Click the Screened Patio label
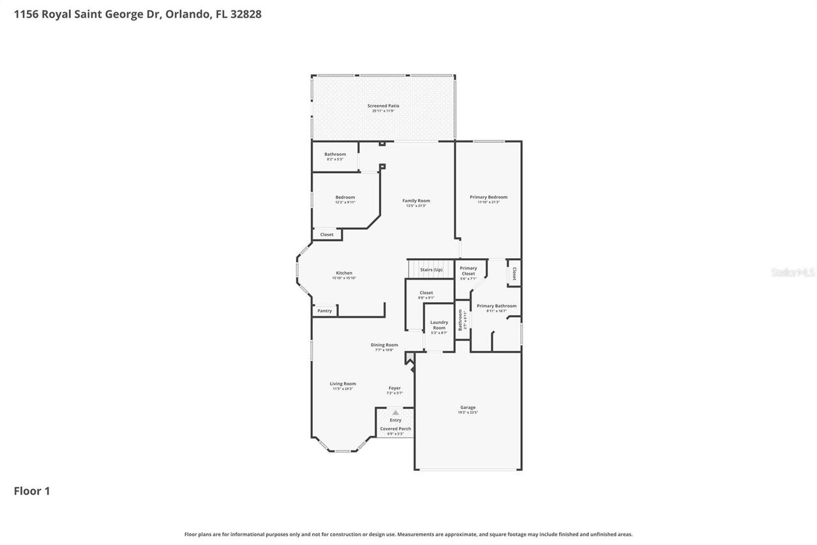(x=383, y=106)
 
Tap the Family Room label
(x=416, y=201)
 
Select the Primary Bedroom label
(x=488, y=197)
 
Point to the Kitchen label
(x=344, y=273)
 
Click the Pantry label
(x=325, y=311)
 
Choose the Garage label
(x=468, y=408)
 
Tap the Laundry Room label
(x=439, y=325)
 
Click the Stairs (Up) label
(x=431, y=270)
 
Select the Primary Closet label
(x=468, y=271)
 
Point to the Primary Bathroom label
(x=497, y=306)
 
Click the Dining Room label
(x=384, y=345)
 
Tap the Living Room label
(x=343, y=384)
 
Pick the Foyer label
(x=394, y=388)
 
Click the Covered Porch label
(x=395, y=429)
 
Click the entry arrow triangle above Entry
(x=395, y=413)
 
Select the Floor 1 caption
(x=32, y=491)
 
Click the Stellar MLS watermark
(x=793, y=273)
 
